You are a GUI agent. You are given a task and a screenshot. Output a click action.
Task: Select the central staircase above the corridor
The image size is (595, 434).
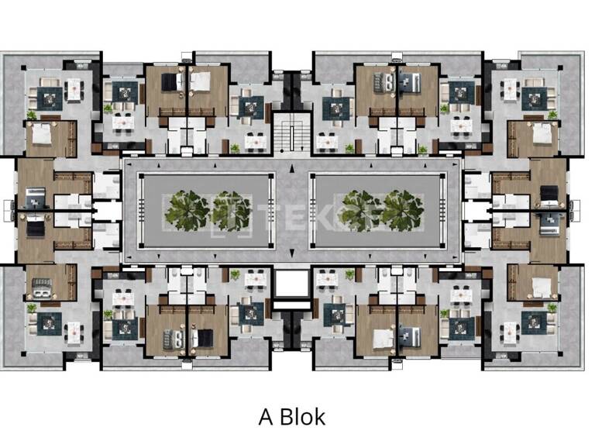click(292, 133)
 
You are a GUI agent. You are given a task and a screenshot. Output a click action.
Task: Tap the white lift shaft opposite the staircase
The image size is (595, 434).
click(292, 285)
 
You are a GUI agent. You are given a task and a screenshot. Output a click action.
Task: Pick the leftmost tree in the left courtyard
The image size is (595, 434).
click(187, 210)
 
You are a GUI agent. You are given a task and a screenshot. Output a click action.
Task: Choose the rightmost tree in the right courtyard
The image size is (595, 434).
click(404, 210)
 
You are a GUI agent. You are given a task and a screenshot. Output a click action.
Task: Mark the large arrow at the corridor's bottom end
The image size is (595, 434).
click(292, 255)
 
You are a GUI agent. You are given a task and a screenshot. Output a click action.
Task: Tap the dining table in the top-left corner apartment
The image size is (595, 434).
click(74, 89)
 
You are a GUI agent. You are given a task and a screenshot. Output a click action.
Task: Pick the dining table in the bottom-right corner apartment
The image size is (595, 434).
click(510, 332)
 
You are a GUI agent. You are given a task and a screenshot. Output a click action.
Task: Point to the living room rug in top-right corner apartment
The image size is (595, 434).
click(534, 98)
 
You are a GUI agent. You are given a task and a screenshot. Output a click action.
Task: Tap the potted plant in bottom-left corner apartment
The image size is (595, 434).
click(32, 308)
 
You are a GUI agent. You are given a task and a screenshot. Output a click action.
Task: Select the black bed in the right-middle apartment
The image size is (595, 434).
click(549, 194)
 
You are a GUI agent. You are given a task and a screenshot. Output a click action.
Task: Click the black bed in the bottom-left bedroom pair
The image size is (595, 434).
click(204, 338)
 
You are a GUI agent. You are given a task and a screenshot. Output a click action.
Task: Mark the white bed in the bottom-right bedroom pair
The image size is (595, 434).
click(383, 338)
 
